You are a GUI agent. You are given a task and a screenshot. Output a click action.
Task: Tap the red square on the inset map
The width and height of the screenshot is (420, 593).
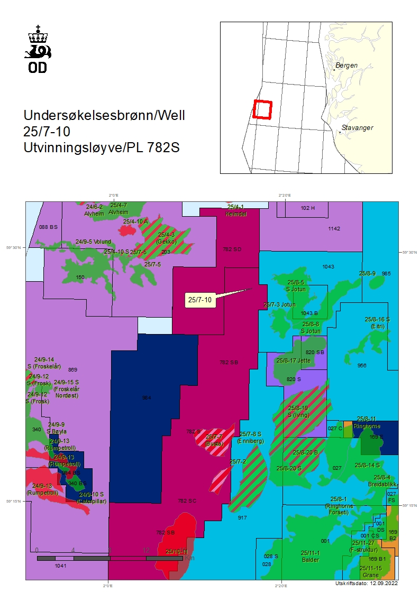[x=262, y=109]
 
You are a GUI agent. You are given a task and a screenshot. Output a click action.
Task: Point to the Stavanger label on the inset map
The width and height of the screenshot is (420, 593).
[x=357, y=128]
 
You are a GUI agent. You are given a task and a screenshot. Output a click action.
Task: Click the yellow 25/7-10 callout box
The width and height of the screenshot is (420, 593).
[x=200, y=300]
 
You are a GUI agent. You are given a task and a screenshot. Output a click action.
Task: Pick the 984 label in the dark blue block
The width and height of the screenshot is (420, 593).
[x=147, y=397]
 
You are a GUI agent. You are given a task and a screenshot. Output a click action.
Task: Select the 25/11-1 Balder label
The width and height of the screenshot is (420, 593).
[x=311, y=556]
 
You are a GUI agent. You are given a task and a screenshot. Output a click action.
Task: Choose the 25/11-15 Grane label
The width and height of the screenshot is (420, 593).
[x=370, y=571]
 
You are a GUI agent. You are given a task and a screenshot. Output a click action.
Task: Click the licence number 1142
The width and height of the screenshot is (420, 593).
[x=334, y=229]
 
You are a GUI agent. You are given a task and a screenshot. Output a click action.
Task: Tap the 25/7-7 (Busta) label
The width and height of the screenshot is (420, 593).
[x=214, y=440]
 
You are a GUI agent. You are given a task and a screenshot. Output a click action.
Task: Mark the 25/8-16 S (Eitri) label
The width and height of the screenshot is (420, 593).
[x=377, y=322]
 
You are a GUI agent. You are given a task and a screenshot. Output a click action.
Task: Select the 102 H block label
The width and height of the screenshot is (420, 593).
[x=307, y=208]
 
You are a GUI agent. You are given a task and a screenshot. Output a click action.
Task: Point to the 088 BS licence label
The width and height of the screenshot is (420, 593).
[x=48, y=227]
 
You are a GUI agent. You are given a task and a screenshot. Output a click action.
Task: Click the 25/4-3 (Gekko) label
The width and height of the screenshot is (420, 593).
[x=166, y=237]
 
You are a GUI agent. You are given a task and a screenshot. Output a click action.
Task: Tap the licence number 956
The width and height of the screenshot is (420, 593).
[x=362, y=365]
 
